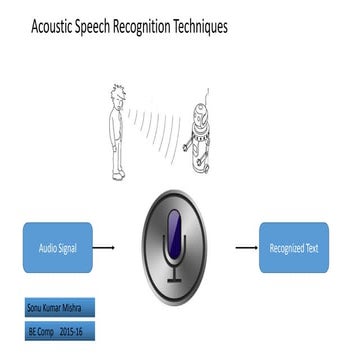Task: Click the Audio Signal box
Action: tap(57, 247)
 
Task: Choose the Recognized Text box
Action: tap(293, 247)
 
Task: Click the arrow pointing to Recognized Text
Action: tap(243, 247)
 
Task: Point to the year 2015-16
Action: tap(72, 329)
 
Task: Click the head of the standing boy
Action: tap(118, 96)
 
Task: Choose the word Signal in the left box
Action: tap(75, 247)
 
